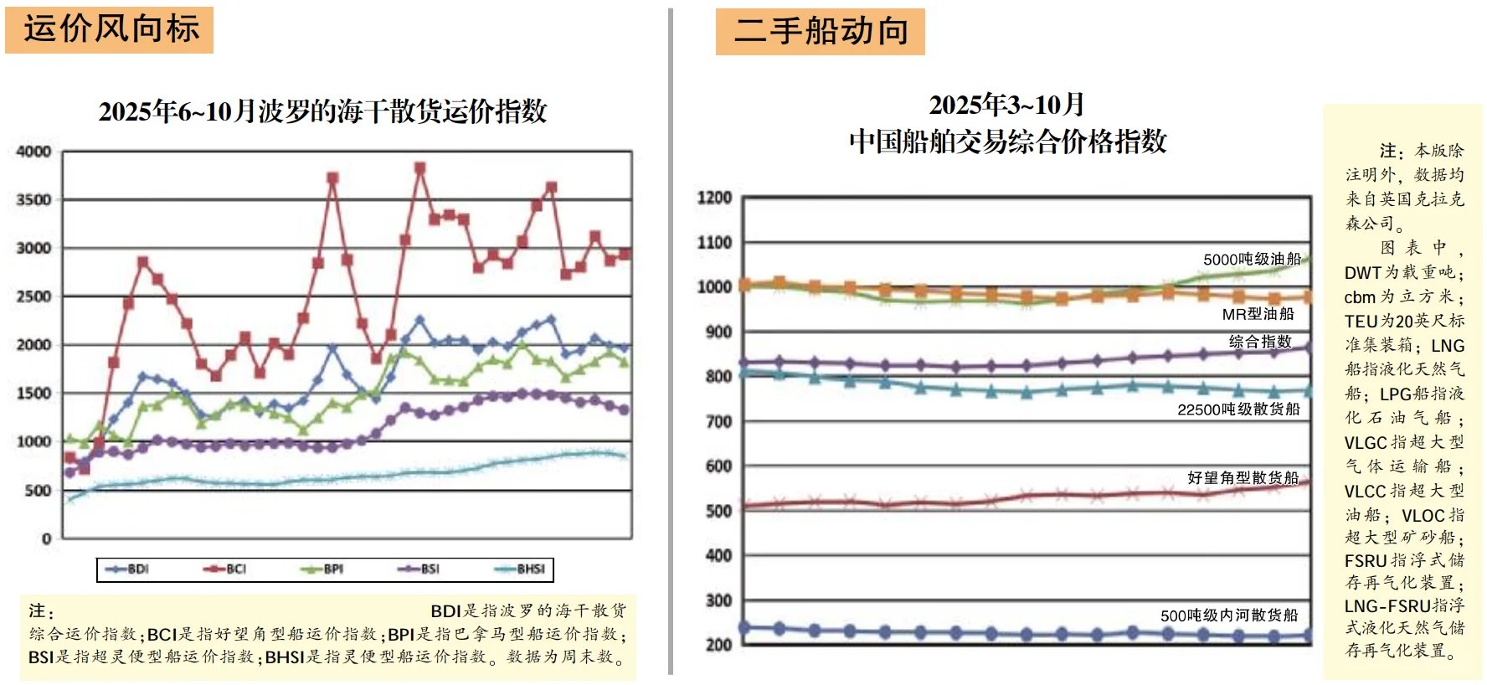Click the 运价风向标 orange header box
(x=110, y=30)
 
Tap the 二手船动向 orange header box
(x=820, y=32)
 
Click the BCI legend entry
(x=225, y=569)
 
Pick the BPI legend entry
(x=322, y=569)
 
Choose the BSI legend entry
(x=419, y=569)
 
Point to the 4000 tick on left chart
(x=34, y=152)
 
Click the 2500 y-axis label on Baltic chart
(x=34, y=296)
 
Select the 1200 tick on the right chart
(x=714, y=198)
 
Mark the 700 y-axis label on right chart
(x=718, y=421)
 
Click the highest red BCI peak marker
(x=420, y=168)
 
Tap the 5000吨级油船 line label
(x=1252, y=259)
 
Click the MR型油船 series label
(x=1258, y=314)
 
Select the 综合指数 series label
(x=1260, y=342)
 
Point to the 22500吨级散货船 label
(x=1238, y=409)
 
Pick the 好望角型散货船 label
(x=1243, y=477)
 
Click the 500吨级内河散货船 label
(x=1228, y=615)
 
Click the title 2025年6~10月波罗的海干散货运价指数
(x=322, y=111)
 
